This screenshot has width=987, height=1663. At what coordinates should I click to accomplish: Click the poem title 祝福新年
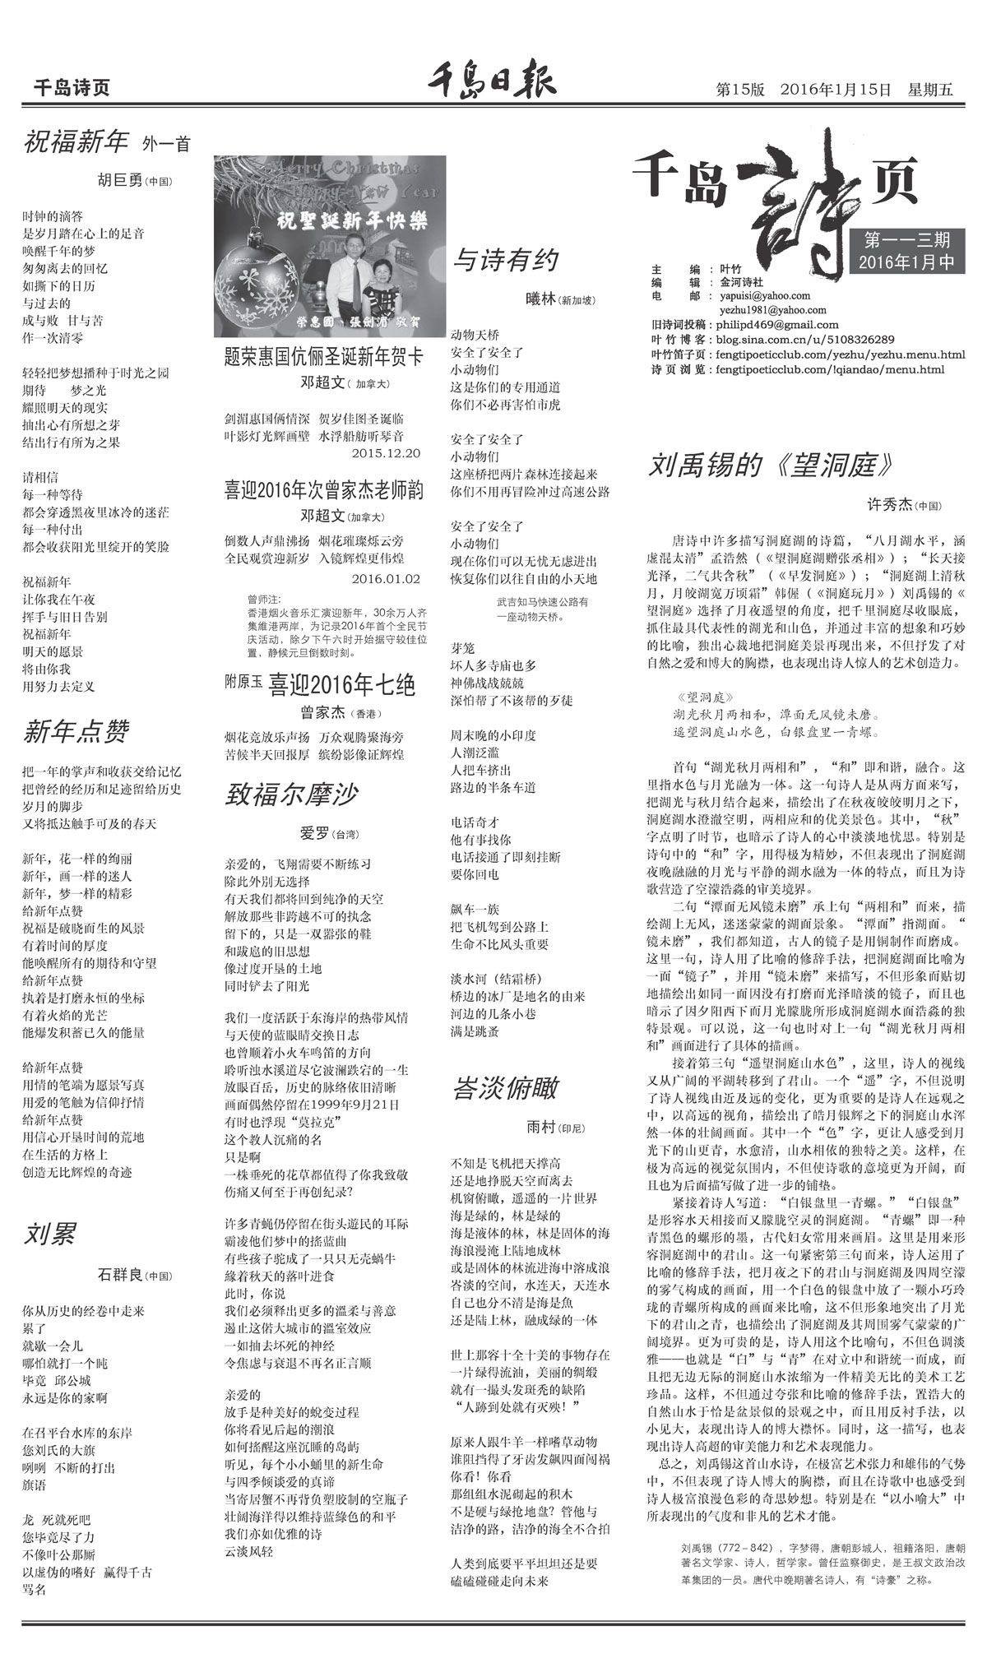(76, 142)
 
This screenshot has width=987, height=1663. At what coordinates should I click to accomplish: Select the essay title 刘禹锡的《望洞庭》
(770, 465)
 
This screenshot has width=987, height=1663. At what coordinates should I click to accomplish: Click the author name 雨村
(542, 1127)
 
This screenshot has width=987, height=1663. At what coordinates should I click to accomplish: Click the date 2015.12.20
(385, 452)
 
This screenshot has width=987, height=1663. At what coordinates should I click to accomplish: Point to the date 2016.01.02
(385, 578)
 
